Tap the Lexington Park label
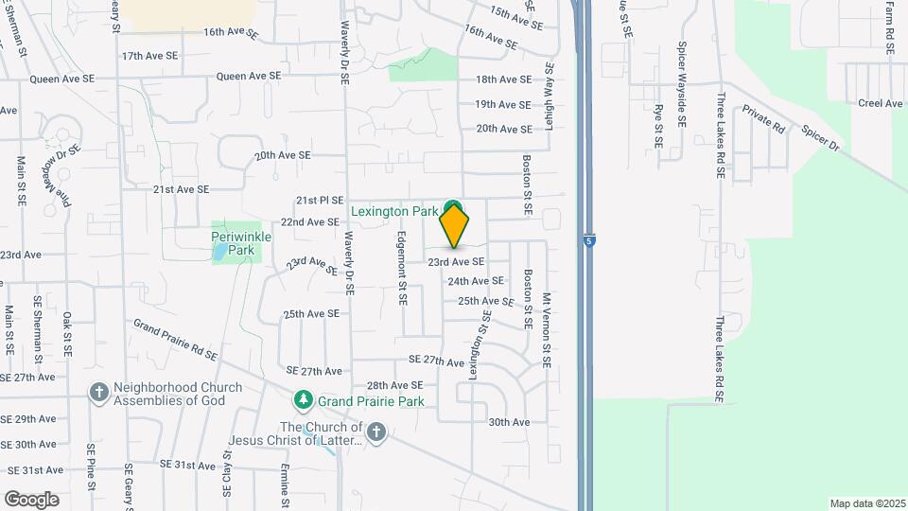(394, 210)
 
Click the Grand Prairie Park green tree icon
(303, 400)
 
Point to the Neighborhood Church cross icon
(99, 392)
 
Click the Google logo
(31, 499)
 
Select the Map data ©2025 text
(866, 503)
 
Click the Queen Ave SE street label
(249, 76)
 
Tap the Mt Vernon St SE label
(547, 329)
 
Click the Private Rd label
(764, 119)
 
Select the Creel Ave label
(880, 103)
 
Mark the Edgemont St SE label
(402, 268)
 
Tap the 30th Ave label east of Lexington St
(509, 422)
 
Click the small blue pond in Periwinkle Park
(220, 253)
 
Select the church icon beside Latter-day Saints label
(376, 432)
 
